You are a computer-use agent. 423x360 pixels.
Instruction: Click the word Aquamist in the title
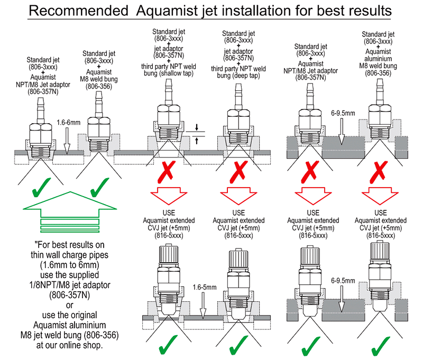point(167,11)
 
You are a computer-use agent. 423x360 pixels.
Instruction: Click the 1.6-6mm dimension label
point(69,123)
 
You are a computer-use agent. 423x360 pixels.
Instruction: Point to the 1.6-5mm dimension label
point(205,288)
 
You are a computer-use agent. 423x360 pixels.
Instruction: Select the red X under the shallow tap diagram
point(167,171)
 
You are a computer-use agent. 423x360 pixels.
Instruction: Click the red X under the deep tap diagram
point(238,172)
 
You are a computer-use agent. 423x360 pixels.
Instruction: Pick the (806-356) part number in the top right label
point(378,73)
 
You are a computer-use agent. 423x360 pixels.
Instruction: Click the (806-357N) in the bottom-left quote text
point(70,295)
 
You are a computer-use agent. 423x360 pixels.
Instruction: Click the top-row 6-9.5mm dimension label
point(343,113)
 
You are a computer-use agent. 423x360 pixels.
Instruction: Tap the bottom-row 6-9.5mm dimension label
point(343,281)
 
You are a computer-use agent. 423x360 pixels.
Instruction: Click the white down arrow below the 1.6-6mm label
point(67,141)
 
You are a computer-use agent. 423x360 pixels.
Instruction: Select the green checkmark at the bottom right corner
point(380,346)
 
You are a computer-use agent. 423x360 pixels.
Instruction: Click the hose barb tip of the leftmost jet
point(41,99)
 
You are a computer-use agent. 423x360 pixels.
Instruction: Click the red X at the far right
point(379,172)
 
